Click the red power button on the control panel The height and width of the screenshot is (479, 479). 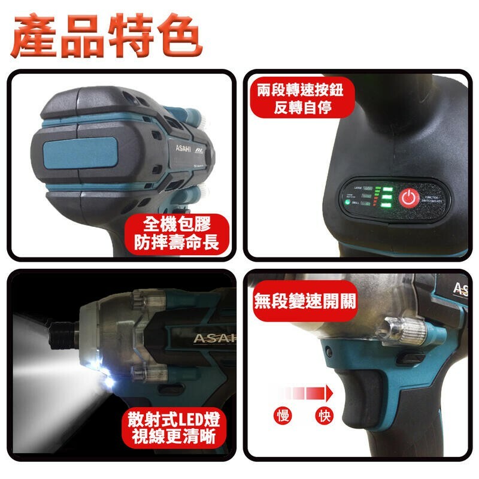click(x=409, y=198)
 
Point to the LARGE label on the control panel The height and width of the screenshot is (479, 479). click(x=362, y=188)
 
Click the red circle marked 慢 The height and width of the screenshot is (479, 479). click(x=284, y=416)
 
